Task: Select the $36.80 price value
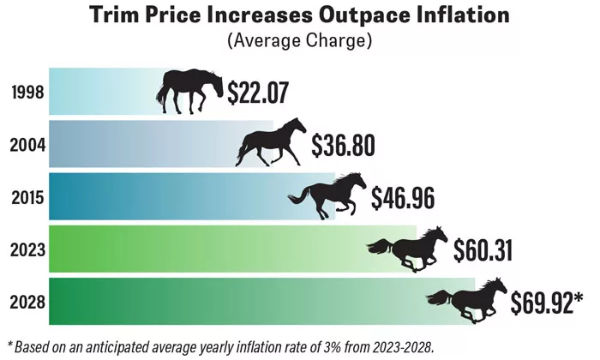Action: click(x=343, y=145)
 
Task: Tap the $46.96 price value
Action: click(x=403, y=197)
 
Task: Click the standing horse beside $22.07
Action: click(x=190, y=89)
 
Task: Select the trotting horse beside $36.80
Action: click(x=271, y=142)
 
